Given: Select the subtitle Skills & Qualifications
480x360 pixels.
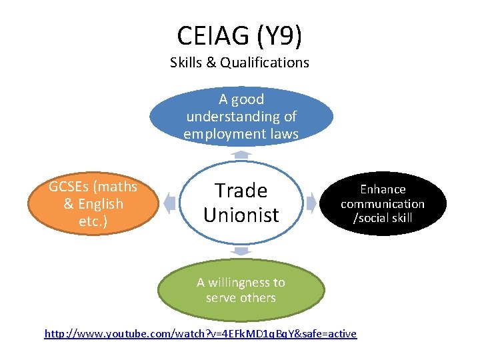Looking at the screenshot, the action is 240,63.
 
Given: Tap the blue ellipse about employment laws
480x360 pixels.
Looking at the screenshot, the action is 241,117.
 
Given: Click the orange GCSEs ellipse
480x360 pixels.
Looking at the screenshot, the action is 93,204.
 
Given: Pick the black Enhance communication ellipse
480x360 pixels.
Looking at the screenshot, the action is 382,203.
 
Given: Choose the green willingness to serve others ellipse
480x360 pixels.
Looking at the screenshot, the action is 241,291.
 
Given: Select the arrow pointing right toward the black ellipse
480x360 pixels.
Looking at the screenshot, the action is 311,202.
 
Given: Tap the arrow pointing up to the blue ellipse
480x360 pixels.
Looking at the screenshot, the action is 241,154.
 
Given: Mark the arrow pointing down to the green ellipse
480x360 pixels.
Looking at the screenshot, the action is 241,251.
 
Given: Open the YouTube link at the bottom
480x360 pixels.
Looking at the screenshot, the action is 200,333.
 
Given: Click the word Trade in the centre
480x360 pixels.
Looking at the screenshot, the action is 241,191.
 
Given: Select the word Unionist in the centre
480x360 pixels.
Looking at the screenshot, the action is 241,215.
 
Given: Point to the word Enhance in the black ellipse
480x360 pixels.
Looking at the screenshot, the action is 383,189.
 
